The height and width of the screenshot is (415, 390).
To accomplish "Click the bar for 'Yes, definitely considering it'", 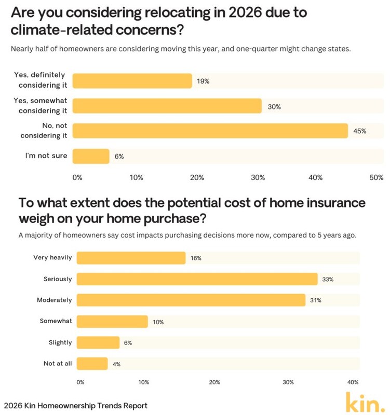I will (132, 81).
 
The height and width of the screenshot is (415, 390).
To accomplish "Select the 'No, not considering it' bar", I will (210, 131).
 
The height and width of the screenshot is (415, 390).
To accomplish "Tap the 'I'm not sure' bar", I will (91, 156).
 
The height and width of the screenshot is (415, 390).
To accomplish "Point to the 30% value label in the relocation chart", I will (274, 106).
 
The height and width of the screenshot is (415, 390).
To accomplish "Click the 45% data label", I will (360, 131).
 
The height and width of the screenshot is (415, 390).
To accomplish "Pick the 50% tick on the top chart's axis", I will (376, 177).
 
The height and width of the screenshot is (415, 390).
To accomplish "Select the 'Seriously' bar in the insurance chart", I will (197, 279).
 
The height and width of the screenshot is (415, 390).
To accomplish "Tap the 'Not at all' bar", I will (92, 364).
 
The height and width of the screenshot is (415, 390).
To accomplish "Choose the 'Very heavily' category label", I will (52, 257).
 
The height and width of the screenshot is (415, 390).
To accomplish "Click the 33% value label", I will (327, 280).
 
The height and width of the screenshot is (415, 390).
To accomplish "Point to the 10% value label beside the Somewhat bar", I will (158, 322).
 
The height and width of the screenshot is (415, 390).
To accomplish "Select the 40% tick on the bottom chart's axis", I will (353, 382).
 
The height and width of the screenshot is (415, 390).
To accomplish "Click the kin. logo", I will (366, 402).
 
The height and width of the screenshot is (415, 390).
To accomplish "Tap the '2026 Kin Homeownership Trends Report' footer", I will (75, 406).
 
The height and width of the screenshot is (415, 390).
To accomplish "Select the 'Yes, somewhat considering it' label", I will (41, 106).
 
